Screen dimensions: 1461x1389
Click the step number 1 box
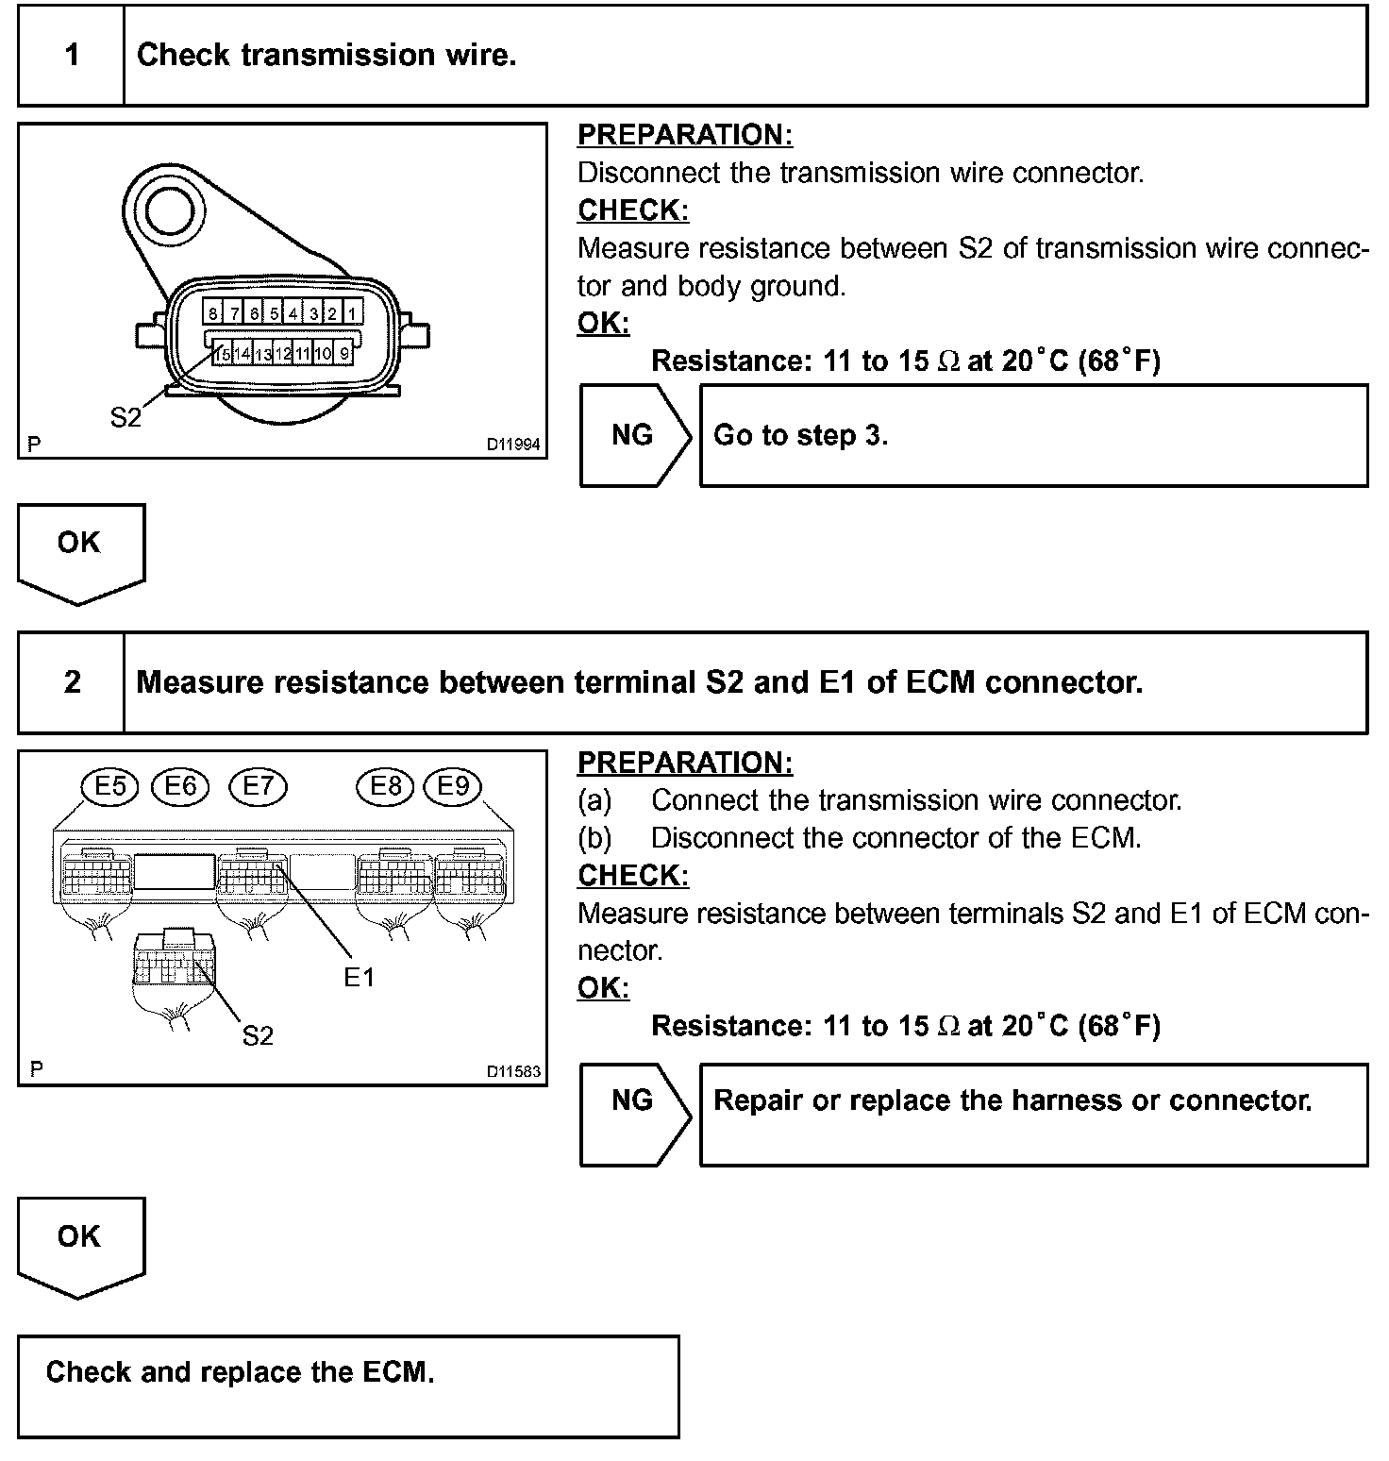coord(72,55)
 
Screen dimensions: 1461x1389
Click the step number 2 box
coord(72,682)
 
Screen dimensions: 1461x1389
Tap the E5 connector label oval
coord(110,786)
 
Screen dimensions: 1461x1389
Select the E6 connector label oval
coord(180,786)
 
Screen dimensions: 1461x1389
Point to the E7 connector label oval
coord(259,786)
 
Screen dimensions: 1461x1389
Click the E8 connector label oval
coord(385,786)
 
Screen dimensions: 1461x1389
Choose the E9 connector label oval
coord(453,786)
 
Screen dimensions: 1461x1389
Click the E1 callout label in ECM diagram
coord(359,978)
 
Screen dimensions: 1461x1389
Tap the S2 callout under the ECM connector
coord(257,1035)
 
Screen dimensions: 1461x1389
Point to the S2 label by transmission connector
coord(126,417)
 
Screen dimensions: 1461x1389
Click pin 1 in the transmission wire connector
coord(351,312)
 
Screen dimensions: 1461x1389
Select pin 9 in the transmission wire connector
coord(344,354)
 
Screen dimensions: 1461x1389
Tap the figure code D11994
coord(513,444)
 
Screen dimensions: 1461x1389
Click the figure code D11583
coord(513,1071)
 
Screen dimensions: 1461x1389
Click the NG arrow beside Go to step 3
coord(632,435)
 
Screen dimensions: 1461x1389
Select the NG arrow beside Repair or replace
coord(632,1100)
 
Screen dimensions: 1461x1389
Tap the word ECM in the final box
coord(397,1371)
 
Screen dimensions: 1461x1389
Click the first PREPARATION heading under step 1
coord(685,135)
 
